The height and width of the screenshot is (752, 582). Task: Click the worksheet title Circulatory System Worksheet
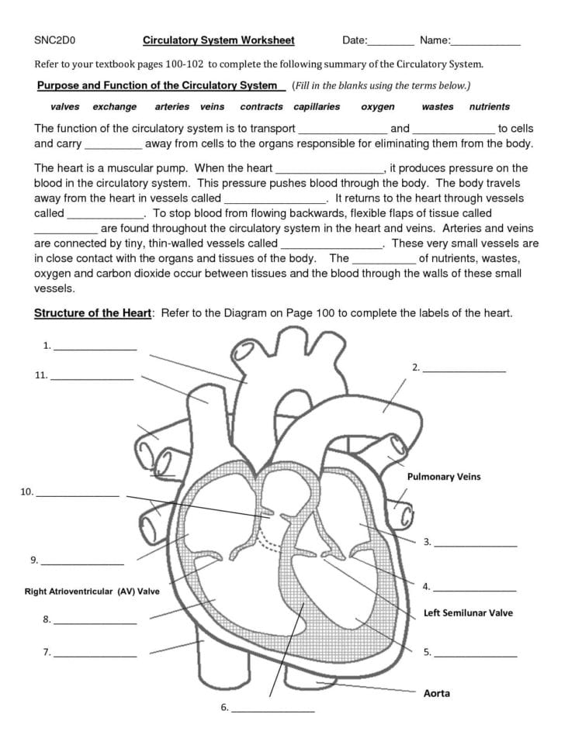pos(218,40)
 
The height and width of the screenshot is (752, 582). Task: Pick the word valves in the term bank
pos(65,107)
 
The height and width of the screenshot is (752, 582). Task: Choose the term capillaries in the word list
pos(317,107)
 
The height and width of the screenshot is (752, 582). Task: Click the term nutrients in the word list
pos(489,107)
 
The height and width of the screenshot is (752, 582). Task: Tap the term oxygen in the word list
pos(378,107)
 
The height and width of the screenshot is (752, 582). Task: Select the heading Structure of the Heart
pos(92,313)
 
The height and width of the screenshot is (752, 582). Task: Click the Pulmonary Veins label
pos(443,477)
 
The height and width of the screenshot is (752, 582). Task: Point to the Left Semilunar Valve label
pos(468,612)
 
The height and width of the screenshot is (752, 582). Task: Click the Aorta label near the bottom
pos(436,693)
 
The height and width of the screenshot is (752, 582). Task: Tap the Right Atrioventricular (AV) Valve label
pos(92,592)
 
